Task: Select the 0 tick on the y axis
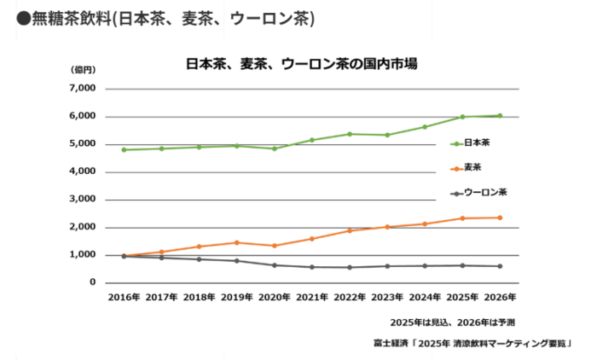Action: point(94,282)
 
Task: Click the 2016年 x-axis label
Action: point(125,298)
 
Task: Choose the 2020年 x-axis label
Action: point(275,298)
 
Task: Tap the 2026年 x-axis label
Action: point(500,298)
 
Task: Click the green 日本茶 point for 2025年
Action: point(462,117)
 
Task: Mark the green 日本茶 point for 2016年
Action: point(125,150)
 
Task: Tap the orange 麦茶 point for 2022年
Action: point(350,230)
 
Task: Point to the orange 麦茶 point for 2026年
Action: point(500,218)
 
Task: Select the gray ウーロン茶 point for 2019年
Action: point(237,261)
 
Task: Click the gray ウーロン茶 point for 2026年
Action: point(500,266)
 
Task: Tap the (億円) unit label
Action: point(83,69)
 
